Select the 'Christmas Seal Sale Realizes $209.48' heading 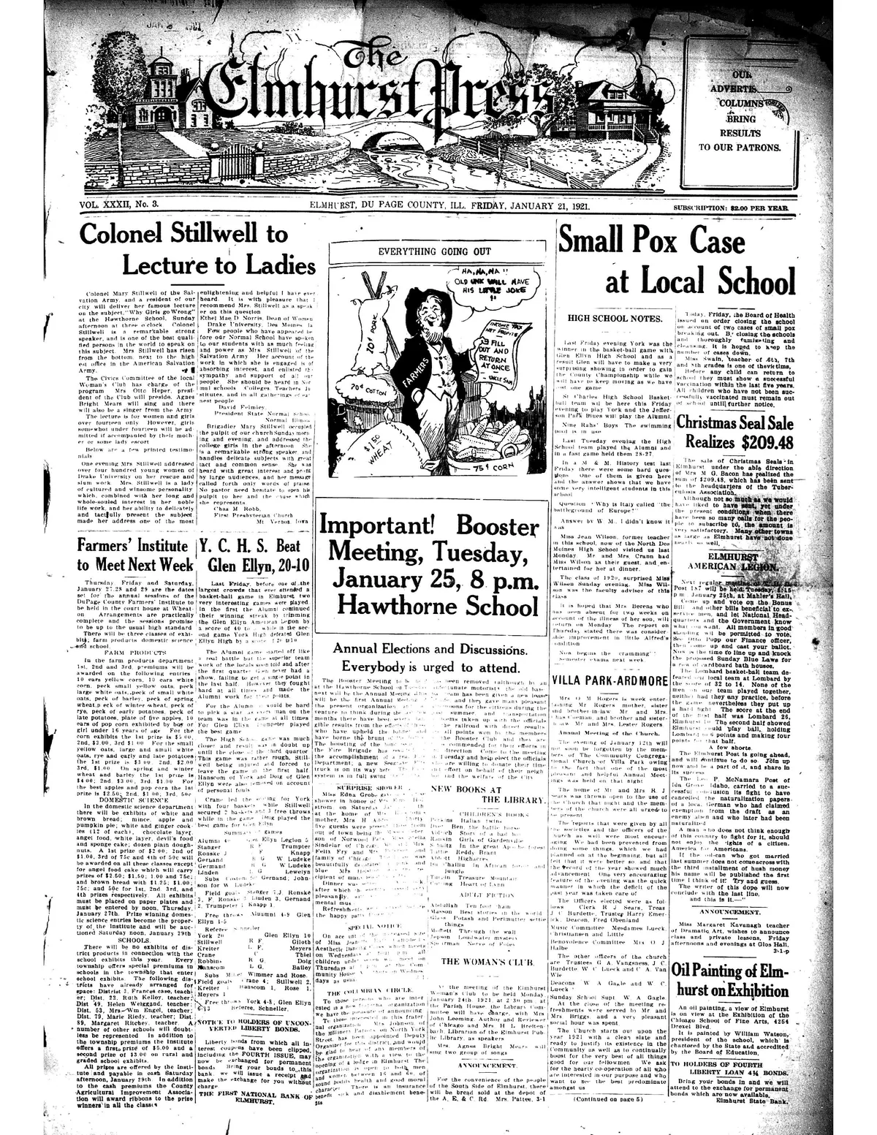(734, 432)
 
